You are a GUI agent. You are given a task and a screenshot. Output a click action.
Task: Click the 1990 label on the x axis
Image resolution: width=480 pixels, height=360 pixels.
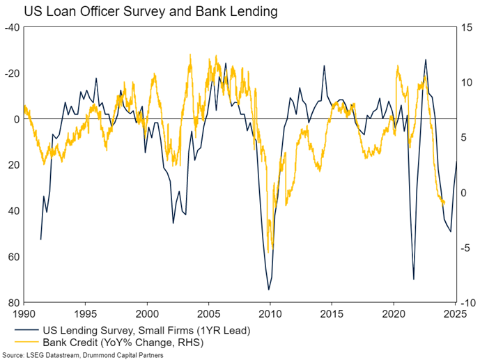24,313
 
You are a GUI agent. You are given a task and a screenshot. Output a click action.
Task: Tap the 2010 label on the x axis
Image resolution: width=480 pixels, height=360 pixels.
270,313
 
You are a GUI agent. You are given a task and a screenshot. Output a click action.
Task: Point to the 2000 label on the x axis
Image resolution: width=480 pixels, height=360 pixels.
147,313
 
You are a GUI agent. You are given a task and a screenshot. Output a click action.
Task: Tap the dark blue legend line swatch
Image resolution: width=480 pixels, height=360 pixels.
23,330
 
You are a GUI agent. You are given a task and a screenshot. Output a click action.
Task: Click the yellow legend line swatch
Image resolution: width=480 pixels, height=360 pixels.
23,341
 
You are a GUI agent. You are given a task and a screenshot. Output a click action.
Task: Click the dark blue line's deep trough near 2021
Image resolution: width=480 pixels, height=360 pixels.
414,279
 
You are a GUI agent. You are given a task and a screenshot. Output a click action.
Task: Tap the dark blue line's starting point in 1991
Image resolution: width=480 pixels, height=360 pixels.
40,240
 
